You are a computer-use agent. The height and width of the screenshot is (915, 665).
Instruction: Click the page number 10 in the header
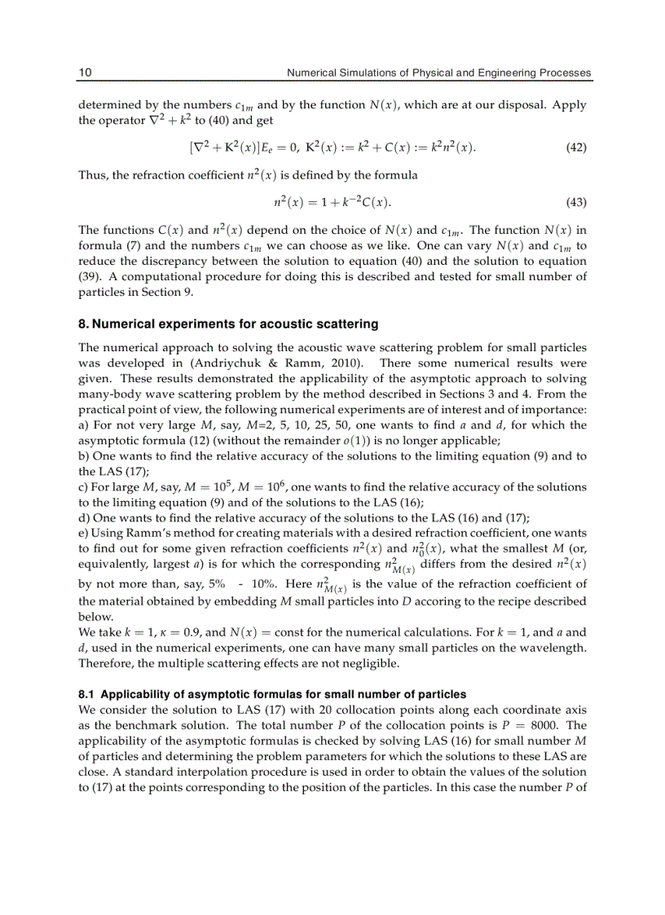coord(84,73)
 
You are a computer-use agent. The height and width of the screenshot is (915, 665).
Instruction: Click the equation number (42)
coord(575,148)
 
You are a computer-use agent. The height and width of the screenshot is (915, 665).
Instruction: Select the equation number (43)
coord(575,202)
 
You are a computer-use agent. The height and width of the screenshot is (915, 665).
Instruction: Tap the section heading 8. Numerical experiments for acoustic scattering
coord(228,324)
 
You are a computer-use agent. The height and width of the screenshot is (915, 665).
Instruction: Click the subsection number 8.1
coord(86,695)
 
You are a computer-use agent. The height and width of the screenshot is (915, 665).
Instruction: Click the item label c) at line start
coord(83,487)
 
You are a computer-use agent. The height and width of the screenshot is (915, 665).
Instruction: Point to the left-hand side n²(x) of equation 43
coord(291,202)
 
